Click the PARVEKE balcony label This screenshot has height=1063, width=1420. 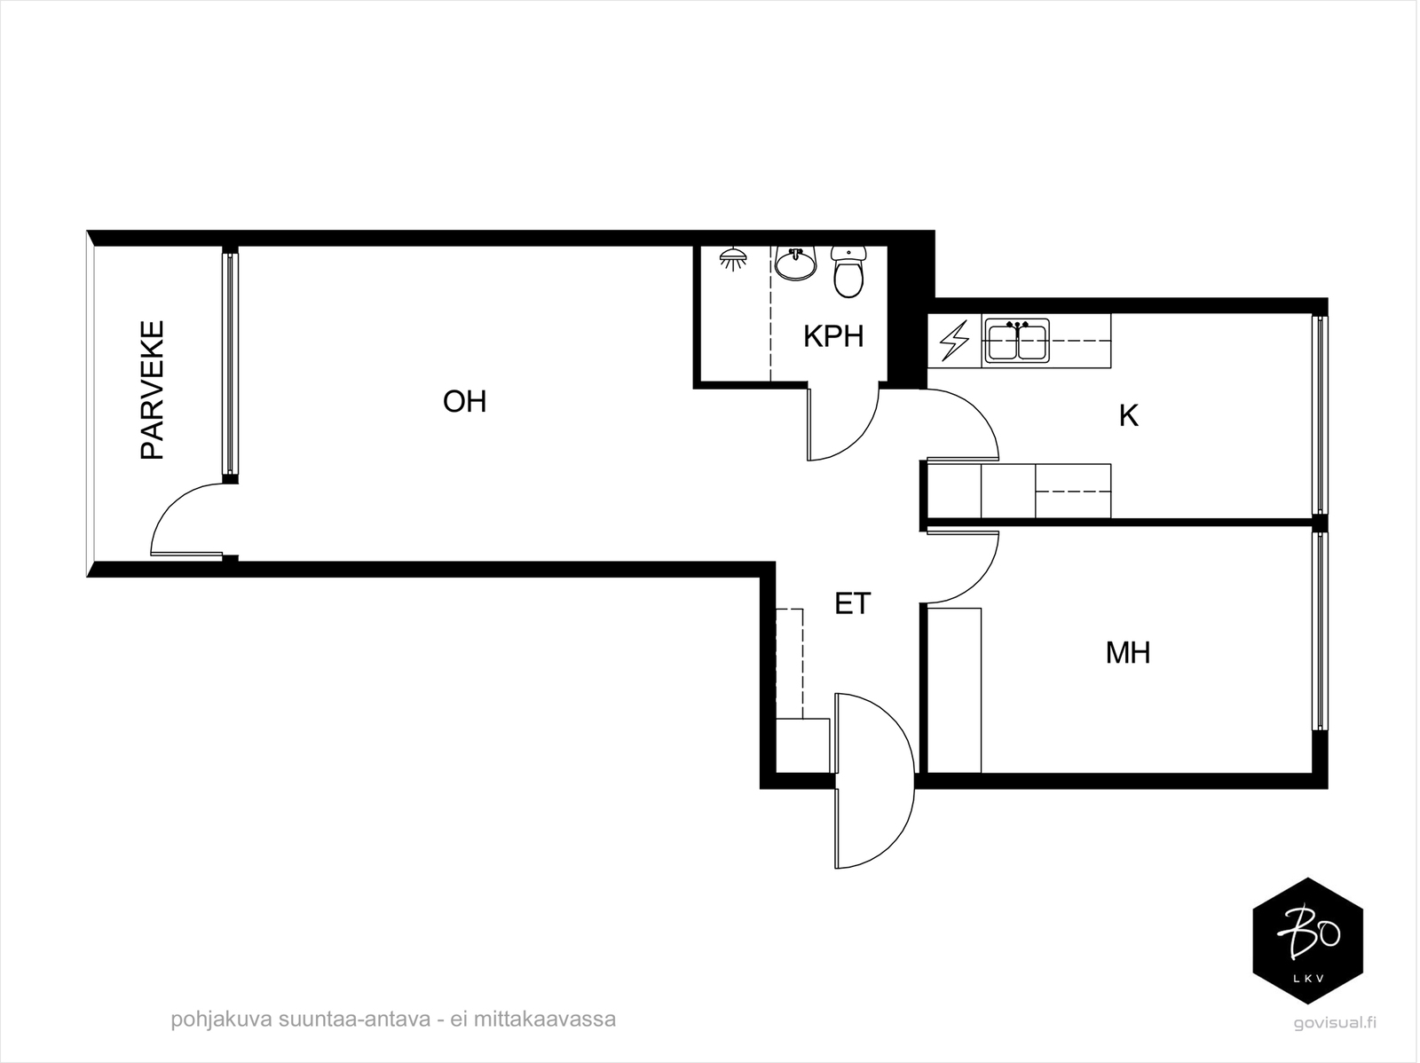coord(153,390)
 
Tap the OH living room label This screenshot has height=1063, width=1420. coord(464,402)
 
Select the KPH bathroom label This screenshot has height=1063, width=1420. coord(833,336)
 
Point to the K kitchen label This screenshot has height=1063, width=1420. coord(1129,416)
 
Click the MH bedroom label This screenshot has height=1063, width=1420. coord(1128,653)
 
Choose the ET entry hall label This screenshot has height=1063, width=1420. coord(853,603)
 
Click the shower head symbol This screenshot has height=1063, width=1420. coord(733,258)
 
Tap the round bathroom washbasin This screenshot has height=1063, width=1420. coord(796,264)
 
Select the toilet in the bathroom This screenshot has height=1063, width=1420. coord(848,272)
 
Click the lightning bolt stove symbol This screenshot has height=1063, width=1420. coord(954,341)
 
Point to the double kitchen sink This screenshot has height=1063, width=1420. coord(1018,340)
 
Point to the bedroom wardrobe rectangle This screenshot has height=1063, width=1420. coord(954,690)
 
